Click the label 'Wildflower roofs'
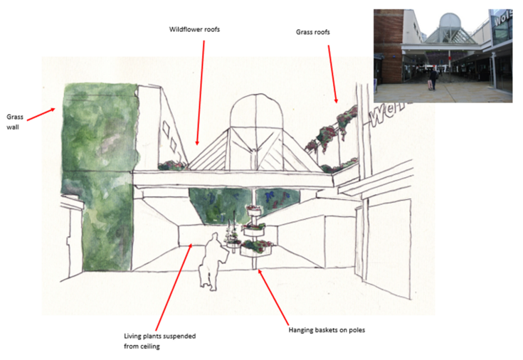[194, 29]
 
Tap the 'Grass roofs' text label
[313, 32]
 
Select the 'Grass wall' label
[15, 122]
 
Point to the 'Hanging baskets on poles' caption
[327, 330]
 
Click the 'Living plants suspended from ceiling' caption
[160, 341]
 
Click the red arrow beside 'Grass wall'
[41, 114]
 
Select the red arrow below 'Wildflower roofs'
[200, 92]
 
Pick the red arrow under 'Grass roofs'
[332, 74]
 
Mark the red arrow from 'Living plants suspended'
[174, 287]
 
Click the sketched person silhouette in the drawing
[212, 261]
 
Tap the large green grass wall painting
[100, 177]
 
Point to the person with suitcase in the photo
[433, 80]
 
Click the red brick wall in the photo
[389, 46]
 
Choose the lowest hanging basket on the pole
[256, 248]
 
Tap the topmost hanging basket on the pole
[254, 210]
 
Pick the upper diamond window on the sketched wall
[166, 127]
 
